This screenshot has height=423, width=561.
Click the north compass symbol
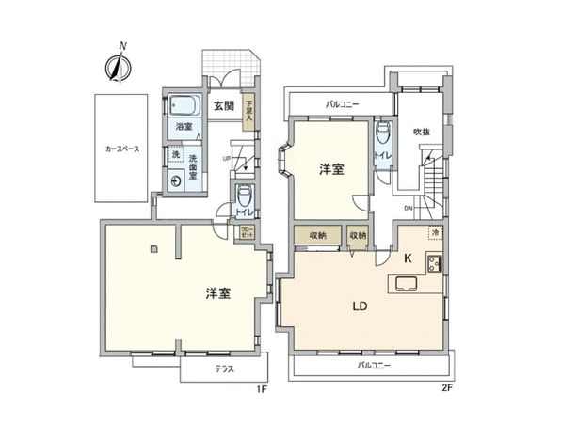point(118,64)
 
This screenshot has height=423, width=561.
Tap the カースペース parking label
point(121,148)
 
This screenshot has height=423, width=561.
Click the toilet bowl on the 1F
point(243,196)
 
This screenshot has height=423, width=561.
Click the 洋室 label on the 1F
point(218,294)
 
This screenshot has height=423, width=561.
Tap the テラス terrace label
point(223,370)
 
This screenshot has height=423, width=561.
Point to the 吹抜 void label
point(422,132)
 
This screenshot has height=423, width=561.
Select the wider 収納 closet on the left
point(316,236)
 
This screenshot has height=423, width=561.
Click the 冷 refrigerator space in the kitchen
point(435,231)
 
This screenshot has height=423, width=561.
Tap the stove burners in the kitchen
point(435,263)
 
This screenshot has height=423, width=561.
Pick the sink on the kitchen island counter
point(408,284)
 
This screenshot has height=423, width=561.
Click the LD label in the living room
point(360,306)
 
